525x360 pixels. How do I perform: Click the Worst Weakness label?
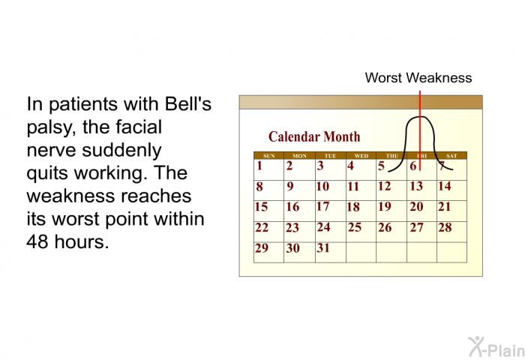pos(418,78)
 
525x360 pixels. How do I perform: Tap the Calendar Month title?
pos(314,136)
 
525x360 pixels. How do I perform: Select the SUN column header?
pos(268,156)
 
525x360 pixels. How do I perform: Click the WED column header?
pos(361,156)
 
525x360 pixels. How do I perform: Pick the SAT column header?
pos(451,156)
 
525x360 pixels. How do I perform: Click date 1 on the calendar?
pos(259,166)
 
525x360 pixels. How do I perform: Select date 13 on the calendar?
pos(416,186)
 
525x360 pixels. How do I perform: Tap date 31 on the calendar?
pos(323,247)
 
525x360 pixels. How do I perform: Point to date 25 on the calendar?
pos(355,227)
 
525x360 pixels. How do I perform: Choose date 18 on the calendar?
pos(353,207)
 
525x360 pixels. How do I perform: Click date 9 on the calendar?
pos(290,186)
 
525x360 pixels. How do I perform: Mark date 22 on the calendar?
pos(262,227)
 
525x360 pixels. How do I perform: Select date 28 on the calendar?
pos(445,227)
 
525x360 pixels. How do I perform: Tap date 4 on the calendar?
pos(350,166)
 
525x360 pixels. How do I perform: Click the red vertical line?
pos(420,130)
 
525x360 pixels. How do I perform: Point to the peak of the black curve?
pos(421,116)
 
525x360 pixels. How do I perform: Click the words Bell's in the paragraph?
pos(188,103)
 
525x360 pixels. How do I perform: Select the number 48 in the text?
pos(37,241)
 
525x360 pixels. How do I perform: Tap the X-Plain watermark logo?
pos(496,347)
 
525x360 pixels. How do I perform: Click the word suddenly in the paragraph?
pos(121,150)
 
